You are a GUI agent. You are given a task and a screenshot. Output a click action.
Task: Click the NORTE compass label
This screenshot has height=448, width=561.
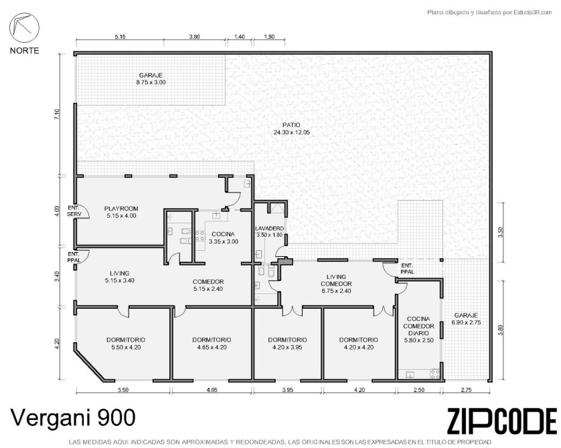point(24,51)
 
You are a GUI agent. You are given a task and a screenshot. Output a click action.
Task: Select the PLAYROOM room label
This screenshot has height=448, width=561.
point(121,209)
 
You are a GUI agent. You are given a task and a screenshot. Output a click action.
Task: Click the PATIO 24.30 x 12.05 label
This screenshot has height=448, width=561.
point(291,128)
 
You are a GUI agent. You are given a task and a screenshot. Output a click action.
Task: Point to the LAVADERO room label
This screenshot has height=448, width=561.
point(269,229)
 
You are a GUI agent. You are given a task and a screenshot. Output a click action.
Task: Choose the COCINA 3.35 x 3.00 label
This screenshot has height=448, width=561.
point(223,238)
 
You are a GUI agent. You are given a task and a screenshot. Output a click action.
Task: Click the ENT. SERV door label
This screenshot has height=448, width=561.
point(74,211)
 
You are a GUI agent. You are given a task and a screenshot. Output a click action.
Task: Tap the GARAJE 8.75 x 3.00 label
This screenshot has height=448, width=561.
point(151,79)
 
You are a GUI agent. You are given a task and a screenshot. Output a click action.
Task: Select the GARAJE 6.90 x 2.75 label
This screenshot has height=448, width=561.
point(466,319)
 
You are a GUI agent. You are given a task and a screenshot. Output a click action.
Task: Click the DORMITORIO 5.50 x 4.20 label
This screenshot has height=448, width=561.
point(126,343)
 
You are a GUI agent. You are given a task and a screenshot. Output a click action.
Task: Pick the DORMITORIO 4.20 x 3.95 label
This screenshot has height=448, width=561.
point(287,343)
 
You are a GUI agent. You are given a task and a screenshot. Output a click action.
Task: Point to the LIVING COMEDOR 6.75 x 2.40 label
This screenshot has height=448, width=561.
point(336,284)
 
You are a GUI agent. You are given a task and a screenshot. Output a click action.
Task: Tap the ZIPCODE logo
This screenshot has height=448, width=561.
point(502,421)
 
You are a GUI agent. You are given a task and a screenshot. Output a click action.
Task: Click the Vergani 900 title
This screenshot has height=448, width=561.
point(73,417)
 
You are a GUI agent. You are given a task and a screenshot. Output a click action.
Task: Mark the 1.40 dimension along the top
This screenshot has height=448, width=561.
point(240,37)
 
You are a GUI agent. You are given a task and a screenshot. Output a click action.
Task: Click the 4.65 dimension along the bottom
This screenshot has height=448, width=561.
point(212,390)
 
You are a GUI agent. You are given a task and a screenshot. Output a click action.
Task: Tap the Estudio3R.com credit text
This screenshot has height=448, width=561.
point(489,13)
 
